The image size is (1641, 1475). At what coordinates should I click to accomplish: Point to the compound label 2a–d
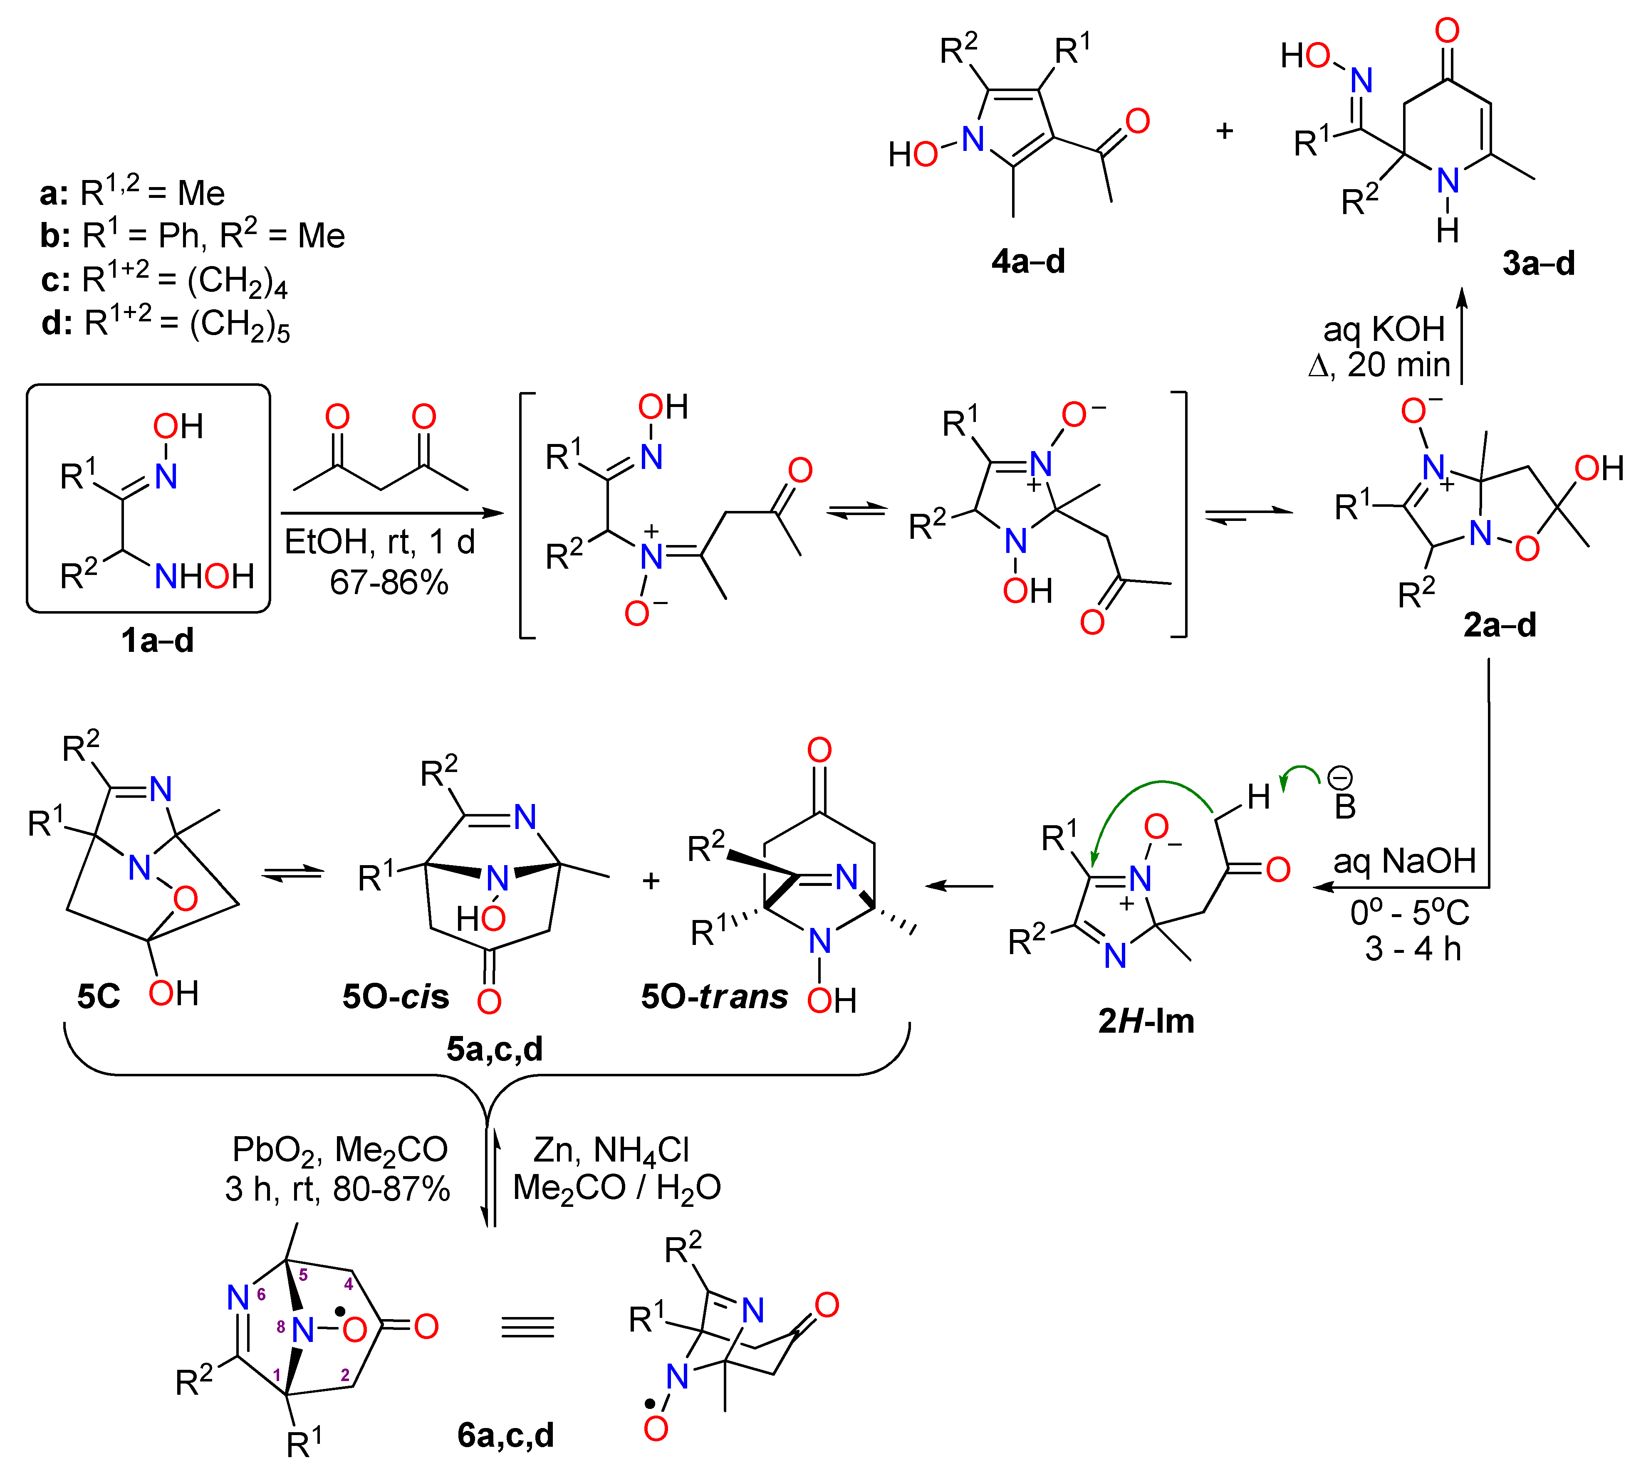[x=1499, y=625]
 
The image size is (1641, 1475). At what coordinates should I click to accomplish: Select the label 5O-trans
[x=713, y=997]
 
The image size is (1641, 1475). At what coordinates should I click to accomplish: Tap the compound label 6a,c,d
[x=505, y=1435]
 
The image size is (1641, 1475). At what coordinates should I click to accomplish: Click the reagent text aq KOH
[x=1384, y=329]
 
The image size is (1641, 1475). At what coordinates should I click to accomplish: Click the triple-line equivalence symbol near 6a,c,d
[x=527, y=1327]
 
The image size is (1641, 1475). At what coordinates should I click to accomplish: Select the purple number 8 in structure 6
[x=280, y=1327]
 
